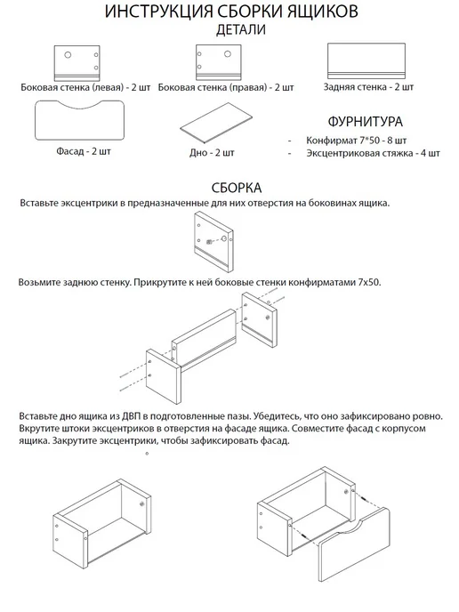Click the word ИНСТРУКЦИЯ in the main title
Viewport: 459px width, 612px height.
(x=158, y=12)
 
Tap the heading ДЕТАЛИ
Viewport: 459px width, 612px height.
(x=241, y=29)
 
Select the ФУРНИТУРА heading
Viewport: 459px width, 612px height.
(x=365, y=121)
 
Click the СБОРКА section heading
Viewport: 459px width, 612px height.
(x=237, y=188)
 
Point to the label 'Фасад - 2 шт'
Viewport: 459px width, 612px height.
(x=84, y=151)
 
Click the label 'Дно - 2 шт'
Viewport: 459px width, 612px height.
(x=212, y=153)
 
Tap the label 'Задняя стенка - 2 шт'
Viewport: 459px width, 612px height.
(x=368, y=86)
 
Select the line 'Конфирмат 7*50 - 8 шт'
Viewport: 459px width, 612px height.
(x=357, y=141)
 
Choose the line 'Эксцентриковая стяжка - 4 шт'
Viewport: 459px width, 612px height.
(x=373, y=153)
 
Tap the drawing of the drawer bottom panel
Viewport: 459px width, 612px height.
(x=216, y=124)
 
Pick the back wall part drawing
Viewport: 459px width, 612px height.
(x=366, y=61)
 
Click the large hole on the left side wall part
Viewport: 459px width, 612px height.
(x=68, y=55)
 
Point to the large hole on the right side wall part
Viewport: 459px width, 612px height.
(x=227, y=54)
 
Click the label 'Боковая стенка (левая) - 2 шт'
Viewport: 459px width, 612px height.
(x=85, y=87)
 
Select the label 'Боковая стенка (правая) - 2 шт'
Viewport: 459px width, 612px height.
(x=226, y=87)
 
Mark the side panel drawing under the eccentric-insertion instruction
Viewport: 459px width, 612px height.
(x=213, y=242)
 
